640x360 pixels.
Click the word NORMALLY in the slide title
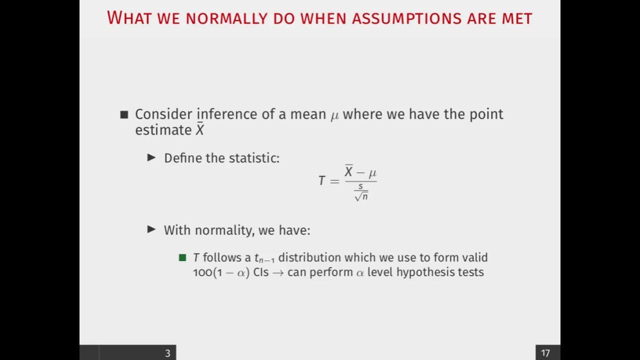227,18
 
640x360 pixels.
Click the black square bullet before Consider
124,114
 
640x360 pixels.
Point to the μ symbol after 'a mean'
334,115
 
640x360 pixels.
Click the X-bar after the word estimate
199,130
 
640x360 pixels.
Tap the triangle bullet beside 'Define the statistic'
151,158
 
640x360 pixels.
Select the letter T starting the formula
322,180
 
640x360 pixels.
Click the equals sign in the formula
334,180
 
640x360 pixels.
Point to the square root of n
361,196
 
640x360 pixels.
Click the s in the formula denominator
360,186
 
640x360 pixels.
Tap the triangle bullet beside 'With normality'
151,230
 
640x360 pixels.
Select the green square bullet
182,258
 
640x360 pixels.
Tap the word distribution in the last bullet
309,257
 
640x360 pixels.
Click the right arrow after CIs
278,273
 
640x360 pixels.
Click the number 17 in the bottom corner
545,353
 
